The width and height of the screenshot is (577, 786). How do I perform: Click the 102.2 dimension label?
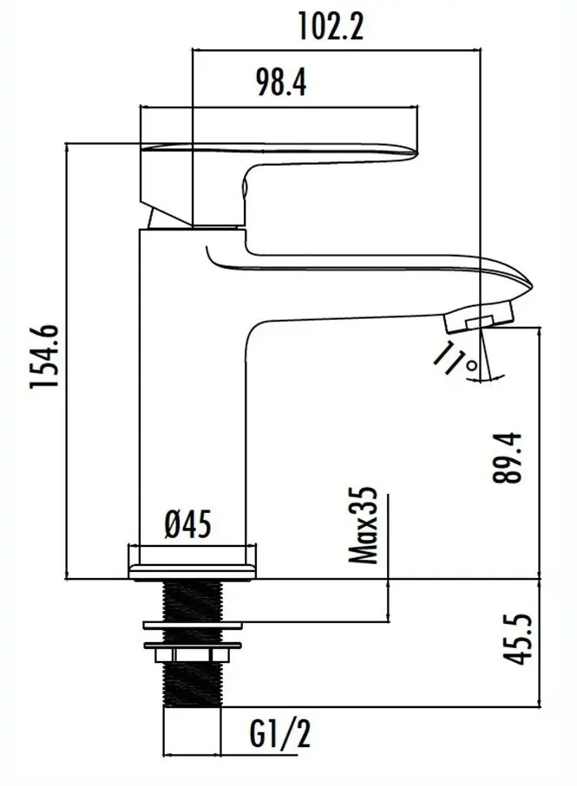[x=331, y=27]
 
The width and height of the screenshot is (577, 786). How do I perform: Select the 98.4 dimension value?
[x=281, y=82]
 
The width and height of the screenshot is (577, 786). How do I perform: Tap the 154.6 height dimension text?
[x=45, y=356]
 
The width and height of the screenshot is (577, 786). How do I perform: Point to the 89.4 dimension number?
[x=507, y=458]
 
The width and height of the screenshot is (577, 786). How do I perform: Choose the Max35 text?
[x=363, y=525]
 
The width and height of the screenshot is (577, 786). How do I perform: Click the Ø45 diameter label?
[x=188, y=524]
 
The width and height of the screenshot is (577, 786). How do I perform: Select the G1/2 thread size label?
[x=280, y=734]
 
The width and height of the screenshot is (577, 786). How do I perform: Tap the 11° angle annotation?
[x=455, y=359]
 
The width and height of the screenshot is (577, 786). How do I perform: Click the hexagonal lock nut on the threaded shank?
[x=192, y=655]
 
